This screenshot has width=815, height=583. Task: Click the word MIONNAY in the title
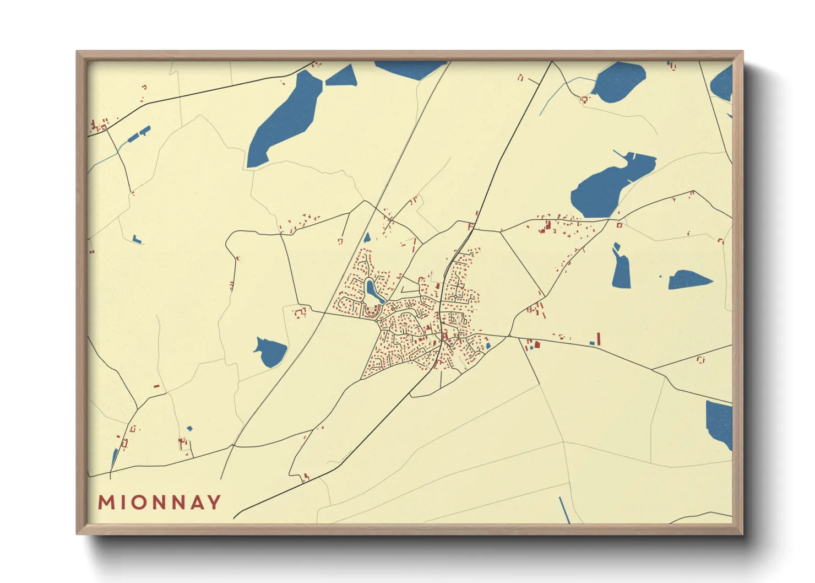(160, 503)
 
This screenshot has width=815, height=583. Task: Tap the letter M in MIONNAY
(106, 503)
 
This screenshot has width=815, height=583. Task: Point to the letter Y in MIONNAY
(215, 503)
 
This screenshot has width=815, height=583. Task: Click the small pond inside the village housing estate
(373, 291)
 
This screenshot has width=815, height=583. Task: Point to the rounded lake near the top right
(620, 83)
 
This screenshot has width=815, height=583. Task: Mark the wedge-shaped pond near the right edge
(688, 280)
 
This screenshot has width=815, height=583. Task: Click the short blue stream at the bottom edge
(564, 510)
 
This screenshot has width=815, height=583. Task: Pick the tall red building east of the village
(599, 338)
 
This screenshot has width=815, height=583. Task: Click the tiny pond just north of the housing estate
(367, 238)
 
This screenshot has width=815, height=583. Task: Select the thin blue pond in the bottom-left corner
(115, 457)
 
